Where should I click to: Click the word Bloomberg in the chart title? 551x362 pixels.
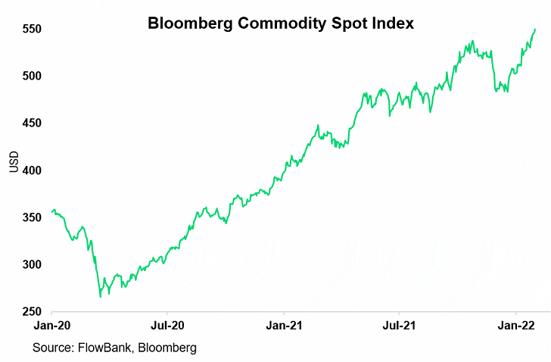pyautogui.click(x=190, y=23)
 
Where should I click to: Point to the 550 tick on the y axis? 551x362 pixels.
pyautogui.click(x=31, y=29)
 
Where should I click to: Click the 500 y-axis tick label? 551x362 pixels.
pyautogui.click(x=31, y=76)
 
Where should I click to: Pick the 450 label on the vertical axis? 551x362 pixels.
pyautogui.click(x=31, y=123)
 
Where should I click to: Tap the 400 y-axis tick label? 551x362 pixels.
pyautogui.click(x=31, y=170)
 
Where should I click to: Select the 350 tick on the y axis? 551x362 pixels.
pyautogui.click(x=31, y=217)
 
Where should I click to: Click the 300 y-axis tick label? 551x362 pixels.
pyautogui.click(x=31, y=264)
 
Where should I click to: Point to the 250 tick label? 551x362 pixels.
pyautogui.click(x=31, y=311)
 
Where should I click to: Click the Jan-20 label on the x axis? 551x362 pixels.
pyautogui.click(x=51, y=325)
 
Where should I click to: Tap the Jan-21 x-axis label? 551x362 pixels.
pyautogui.click(x=284, y=325)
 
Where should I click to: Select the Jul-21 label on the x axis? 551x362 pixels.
pyautogui.click(x=399, y=325)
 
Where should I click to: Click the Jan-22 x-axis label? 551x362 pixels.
pyautogui.click(x=516, y=325)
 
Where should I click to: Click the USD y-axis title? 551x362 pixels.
pyautogui.click(x=13, y=163)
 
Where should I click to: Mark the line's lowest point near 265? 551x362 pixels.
pyautogui.click(x=101, y=297)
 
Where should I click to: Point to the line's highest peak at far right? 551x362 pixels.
pyautogui.click(x=535, y=30)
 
